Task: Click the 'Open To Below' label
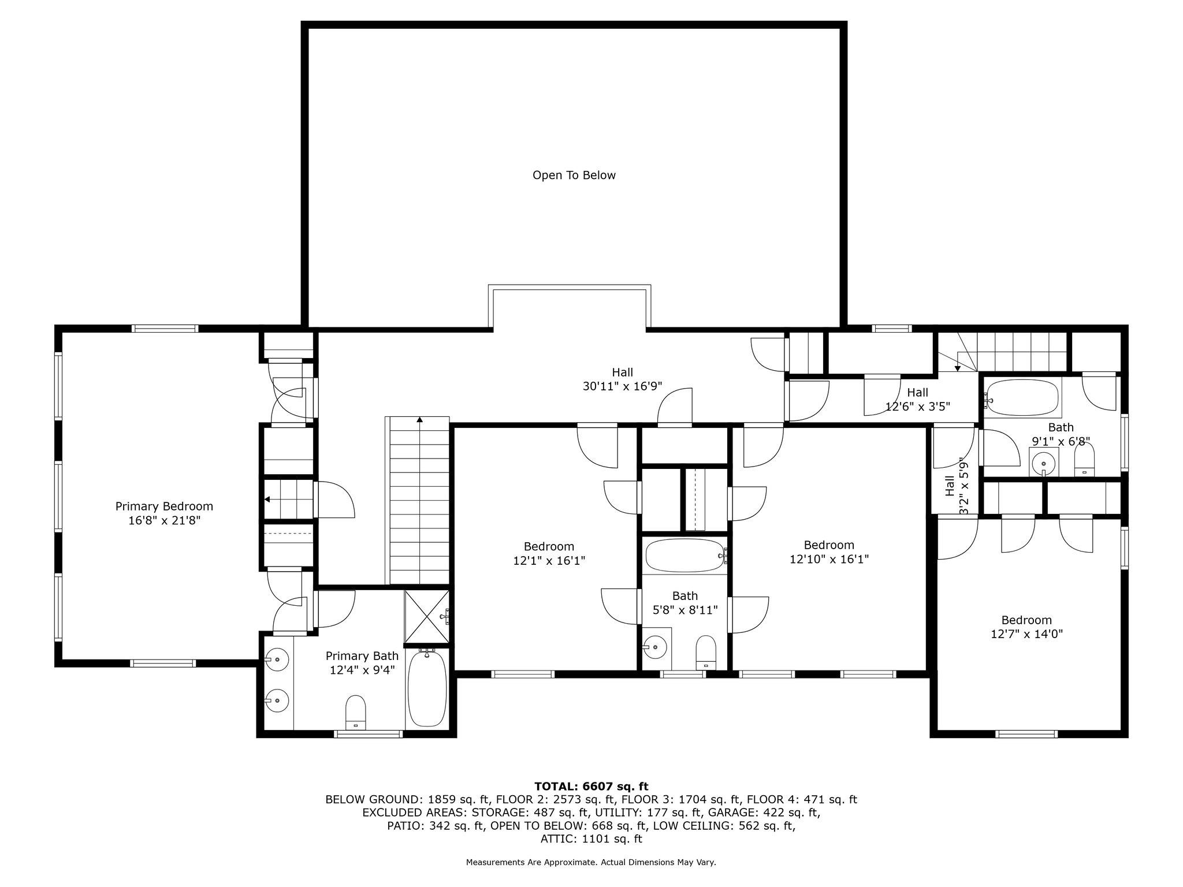point(574,175)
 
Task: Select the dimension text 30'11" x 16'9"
point(622,386)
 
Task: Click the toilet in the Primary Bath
point(356,712)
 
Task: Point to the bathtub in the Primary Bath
point(427,688)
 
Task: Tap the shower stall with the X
point(427,617)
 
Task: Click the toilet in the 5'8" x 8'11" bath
point(706,653)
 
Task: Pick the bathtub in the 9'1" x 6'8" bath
point(1021,397)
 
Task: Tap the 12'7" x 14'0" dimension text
point(1026,633)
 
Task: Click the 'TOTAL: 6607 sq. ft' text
point(591,786)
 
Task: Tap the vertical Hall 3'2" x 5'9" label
point(956,486)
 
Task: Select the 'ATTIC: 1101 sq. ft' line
point(591,838)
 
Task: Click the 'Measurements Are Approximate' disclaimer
point(531,862)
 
